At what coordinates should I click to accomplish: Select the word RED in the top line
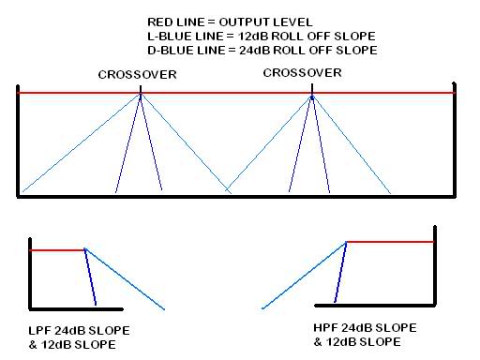point(160,21)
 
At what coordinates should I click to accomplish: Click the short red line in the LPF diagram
point(56,250)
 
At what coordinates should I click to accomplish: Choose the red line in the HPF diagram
point(389,242)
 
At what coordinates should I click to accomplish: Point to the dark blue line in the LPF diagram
point(90,277)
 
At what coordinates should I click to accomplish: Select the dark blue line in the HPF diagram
point(341,272)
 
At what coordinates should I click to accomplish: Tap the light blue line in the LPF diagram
point(127,280)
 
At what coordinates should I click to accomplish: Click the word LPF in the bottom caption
point(41,331)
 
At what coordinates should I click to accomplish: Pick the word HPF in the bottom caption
point(325,328)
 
